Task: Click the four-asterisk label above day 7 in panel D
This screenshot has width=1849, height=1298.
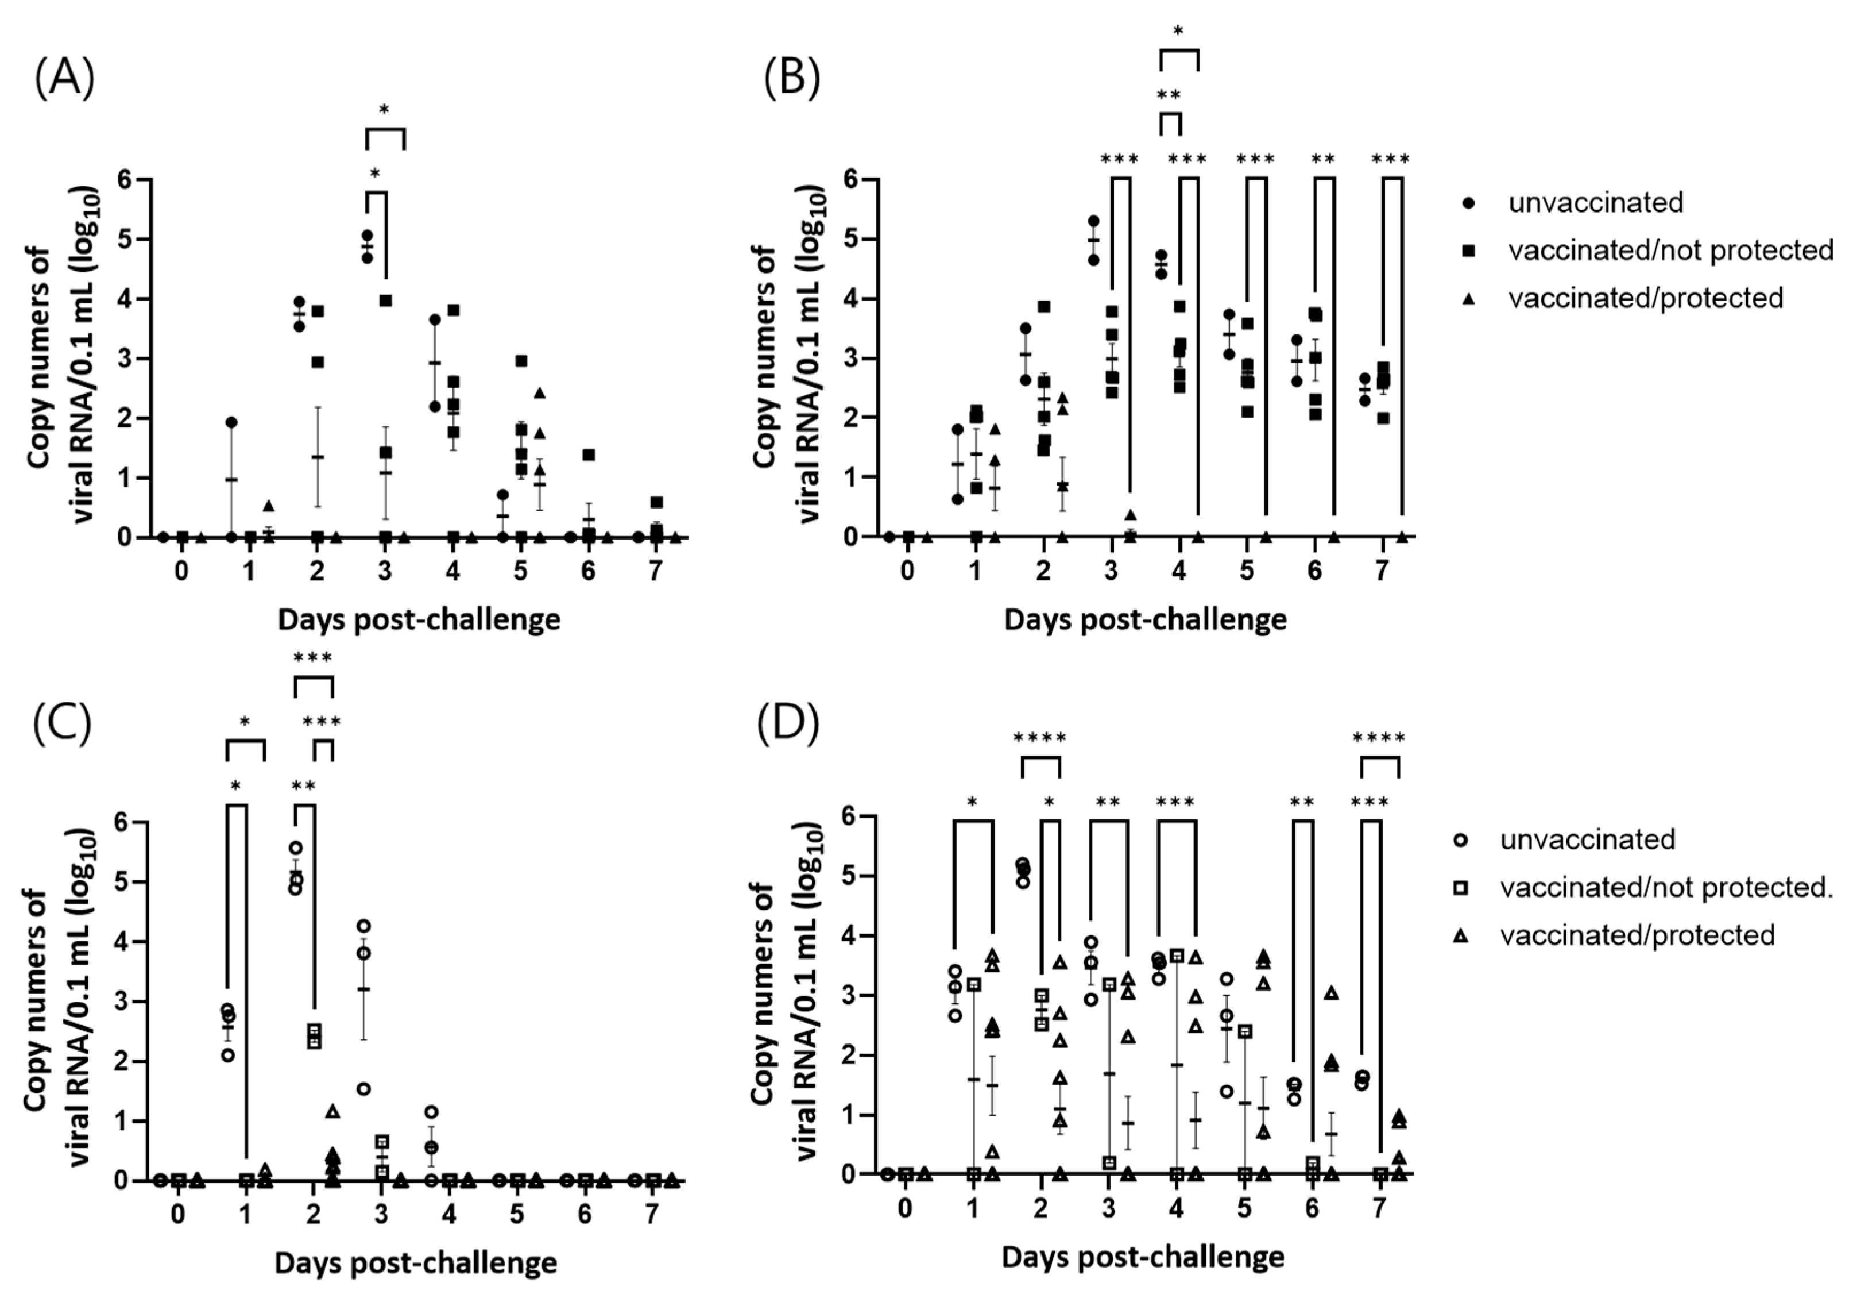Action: point(1379,738)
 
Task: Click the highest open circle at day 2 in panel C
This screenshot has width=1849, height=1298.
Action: point(296,848)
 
